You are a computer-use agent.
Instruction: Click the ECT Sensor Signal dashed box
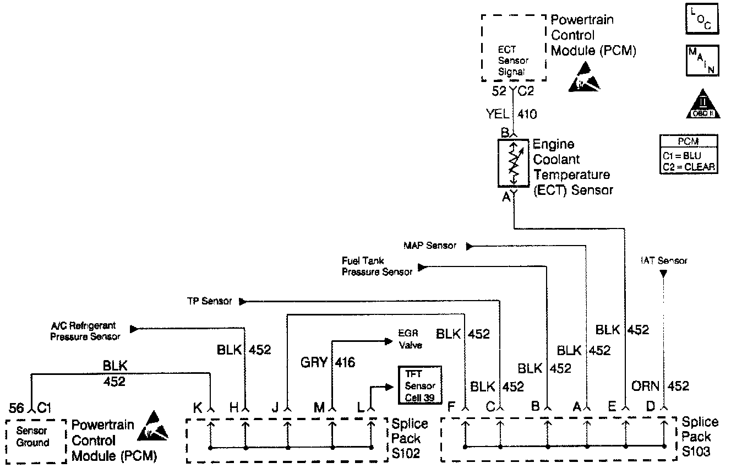(x=514, y=48)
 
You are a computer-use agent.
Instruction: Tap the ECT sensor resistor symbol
(x=513, y=163)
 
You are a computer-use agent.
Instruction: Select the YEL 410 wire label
(x=511, y=114)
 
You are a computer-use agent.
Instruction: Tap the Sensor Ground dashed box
(x=32, y=437)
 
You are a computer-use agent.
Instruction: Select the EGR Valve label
(x=410, y=340)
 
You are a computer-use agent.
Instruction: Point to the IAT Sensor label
(x=664, y=261)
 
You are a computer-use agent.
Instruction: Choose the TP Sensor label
(x=209, y=302)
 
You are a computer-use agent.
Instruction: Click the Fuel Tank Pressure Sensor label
(x=377, y=266)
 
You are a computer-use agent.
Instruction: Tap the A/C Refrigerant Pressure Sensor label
(x=85, y=331)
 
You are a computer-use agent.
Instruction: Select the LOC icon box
(x=701, y=19)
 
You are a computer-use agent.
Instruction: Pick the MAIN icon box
(x=701, y=60)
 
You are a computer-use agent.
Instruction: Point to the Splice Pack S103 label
(x=700, y=437)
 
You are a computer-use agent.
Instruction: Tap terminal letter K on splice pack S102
(x=197, y=408)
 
